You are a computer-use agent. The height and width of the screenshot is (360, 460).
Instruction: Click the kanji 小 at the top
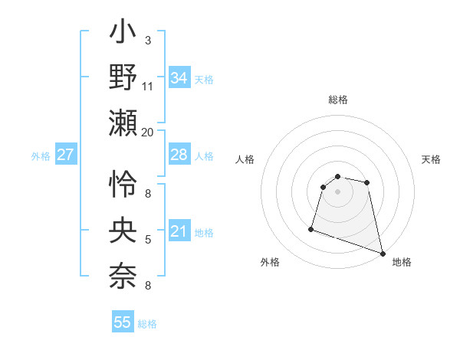tap(123, 35)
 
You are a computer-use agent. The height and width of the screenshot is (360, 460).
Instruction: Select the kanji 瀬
tap(123, 123)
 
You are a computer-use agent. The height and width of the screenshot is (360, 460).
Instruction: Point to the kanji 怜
tap(123, 185)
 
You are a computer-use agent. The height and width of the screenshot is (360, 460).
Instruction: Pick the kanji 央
tap(123, 229)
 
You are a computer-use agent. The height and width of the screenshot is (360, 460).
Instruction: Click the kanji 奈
tap(123, 275)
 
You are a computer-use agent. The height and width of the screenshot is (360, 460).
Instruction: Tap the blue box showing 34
tap(179, 78)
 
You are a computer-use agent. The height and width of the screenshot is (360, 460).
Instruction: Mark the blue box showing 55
tap(123, 323)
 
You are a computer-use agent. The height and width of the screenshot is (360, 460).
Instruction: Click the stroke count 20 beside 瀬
tap(148, 132)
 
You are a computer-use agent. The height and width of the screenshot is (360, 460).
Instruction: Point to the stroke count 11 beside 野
tap(148, 87)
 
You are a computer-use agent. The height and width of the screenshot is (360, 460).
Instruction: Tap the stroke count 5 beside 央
tap(148, 240)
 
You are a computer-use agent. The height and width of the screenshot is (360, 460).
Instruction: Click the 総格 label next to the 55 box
tap(147, 325)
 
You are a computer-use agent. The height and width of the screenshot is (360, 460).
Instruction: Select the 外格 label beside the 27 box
tap(41, 156)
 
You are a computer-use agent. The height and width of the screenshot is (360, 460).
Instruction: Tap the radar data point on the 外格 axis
tap(311, 228)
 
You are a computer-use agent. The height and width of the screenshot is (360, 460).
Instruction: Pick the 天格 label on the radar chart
tap(432, 159)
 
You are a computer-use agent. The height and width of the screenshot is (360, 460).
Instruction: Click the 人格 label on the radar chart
tap(245, 159)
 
